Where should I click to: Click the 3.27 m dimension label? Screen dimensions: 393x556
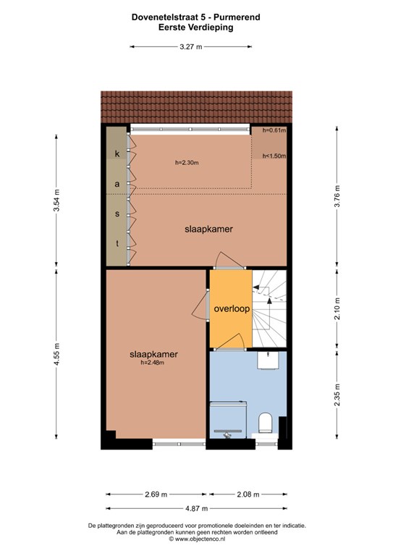[190, 46]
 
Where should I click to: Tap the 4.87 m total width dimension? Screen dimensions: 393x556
[197, 508]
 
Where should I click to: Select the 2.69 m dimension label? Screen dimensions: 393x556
[156, 494]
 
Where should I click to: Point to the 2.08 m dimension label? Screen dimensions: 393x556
[248, 494]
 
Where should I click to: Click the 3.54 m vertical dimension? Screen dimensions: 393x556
[56, 201]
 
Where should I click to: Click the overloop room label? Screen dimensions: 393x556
[232, 309]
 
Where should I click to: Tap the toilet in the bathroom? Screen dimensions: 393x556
[265, 423]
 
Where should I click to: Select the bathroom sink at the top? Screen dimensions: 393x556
[268, 361]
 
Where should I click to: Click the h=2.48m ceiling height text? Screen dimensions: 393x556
[153, 363]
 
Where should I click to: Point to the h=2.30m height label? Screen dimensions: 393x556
[187, 163]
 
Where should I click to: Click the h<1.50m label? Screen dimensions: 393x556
[274, 156]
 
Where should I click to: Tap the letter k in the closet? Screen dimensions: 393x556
[117, 153]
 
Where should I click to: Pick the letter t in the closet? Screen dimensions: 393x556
[117, 243]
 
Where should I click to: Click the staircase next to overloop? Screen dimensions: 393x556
[269, 308]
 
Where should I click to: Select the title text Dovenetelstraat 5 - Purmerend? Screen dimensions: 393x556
[196, 17]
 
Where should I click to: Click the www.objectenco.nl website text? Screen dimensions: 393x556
[200, 539]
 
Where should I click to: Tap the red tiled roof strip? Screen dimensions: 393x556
[197, 106]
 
